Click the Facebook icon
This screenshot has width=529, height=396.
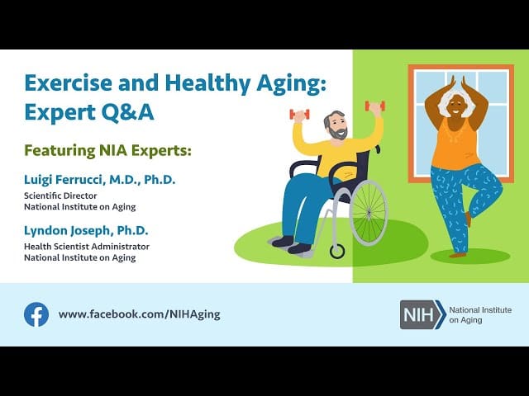click(36, 314)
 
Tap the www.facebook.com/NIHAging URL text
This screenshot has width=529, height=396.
click(139, 314)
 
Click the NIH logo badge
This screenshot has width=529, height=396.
click(422, 314)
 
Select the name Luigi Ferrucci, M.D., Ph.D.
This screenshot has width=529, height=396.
click(98, 179)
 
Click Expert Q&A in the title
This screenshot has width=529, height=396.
click(89, 112)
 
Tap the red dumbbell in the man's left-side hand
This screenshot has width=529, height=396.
click(299, 114)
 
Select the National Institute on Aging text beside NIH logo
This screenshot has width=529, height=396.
click(479, 314)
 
